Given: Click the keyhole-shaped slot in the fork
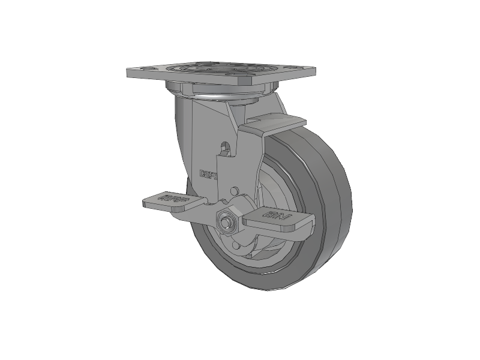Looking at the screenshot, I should point(226,148).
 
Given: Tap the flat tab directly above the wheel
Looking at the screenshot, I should point(273,124).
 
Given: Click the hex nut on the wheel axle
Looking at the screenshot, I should point(227,220).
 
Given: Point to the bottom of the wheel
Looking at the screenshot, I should point(276,289).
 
